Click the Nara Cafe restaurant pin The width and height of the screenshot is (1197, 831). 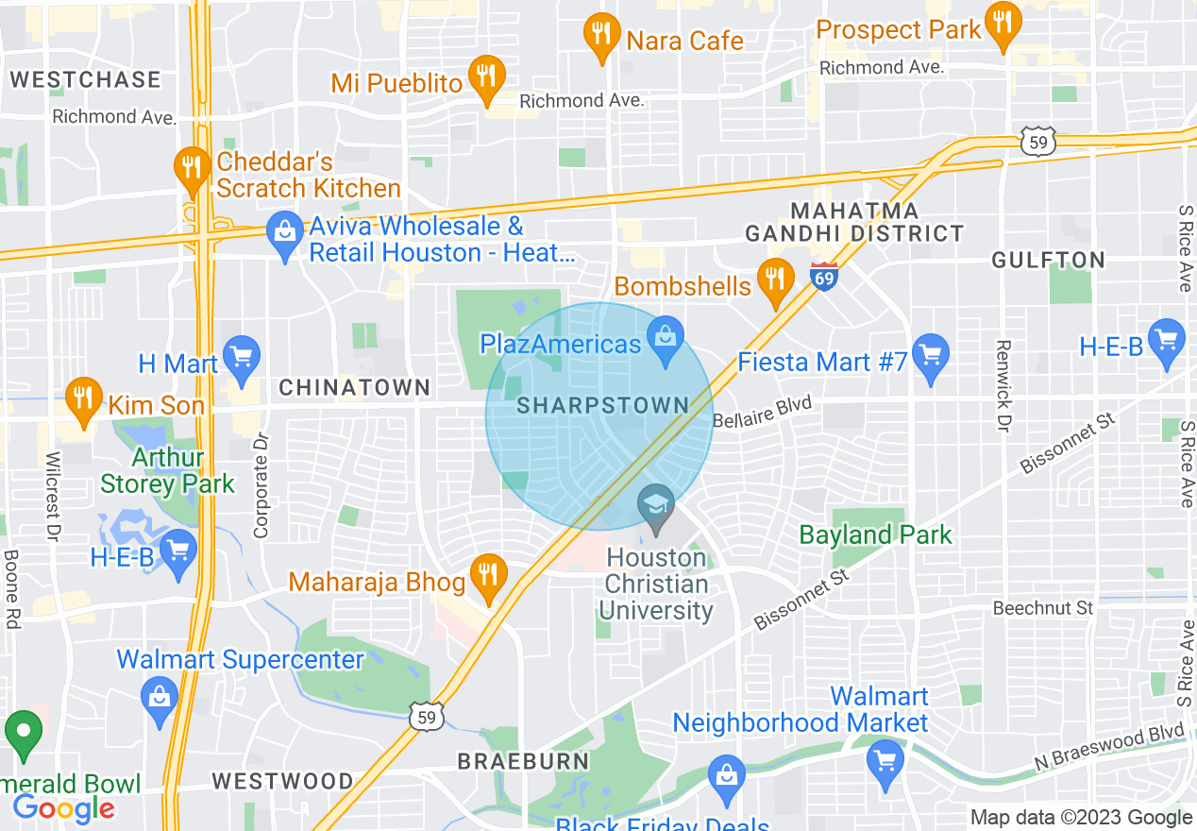[x=601, y=35]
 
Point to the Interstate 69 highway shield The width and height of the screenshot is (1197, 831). [x=824, y=277]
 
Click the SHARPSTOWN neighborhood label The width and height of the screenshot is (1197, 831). [x=603, y=406]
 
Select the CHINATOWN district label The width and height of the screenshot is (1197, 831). [x=355, y=387]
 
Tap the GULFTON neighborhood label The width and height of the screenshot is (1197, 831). [x=1048, y=261]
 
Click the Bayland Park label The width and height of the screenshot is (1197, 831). [x=876, y=535]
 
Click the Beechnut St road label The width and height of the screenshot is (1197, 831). [x=1042, y=609]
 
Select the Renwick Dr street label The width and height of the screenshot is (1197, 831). [x=1003, y=386]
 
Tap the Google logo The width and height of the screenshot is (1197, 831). [x=63, y=808]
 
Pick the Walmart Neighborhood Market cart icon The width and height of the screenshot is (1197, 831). [x=885, y=759]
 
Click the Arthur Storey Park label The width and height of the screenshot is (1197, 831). [x=167, y=471]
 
